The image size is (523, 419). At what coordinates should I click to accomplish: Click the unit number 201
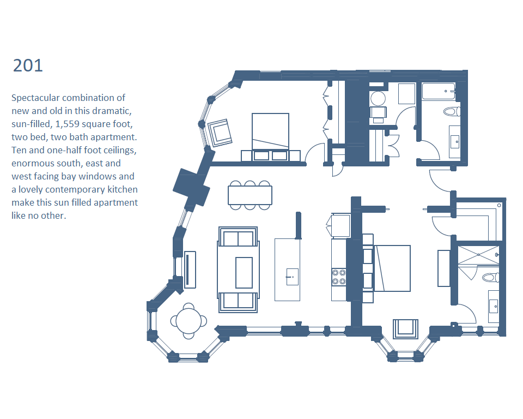28,65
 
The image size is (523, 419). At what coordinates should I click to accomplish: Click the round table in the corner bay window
189,321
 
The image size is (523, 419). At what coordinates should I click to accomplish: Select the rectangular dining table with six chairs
250,195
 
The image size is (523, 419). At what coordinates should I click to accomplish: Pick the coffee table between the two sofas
244,273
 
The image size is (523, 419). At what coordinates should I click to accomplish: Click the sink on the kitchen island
292,277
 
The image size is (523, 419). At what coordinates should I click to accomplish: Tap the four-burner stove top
338,277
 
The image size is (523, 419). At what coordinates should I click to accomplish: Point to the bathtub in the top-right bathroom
439,91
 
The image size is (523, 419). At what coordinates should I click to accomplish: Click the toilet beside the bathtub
452,111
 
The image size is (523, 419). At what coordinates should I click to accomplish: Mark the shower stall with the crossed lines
478,255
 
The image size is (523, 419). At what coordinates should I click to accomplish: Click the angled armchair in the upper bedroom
220,133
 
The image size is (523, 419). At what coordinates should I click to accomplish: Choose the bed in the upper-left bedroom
271,131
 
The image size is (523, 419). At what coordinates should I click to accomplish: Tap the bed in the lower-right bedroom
392,268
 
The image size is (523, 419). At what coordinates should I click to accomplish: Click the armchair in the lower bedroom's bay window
405,329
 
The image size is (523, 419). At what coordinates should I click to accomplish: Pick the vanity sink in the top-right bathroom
455,142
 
